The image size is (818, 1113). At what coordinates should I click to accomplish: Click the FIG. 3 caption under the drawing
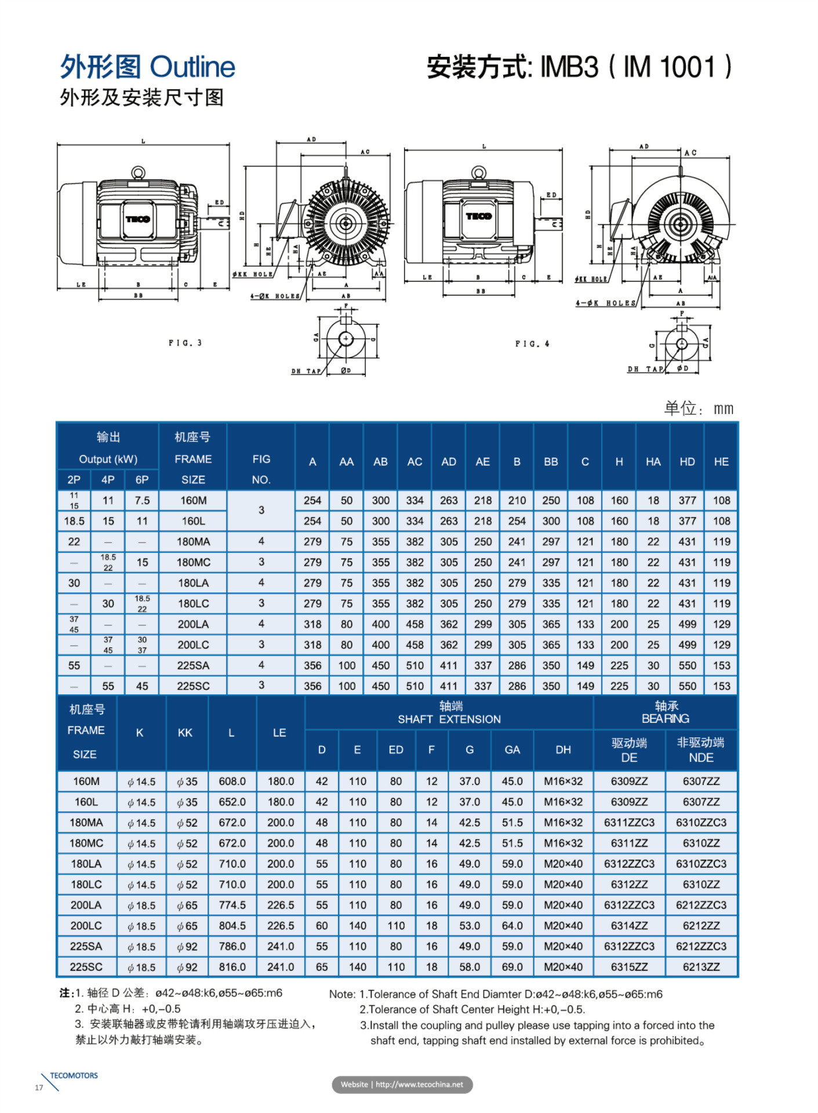(x=185, y=343)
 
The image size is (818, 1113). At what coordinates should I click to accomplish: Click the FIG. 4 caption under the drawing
(x=532, y=344)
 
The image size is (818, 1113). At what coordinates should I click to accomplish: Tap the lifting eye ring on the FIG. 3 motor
(x=137, y=172)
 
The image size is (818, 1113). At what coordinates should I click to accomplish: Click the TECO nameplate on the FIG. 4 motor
(x=479, y=216)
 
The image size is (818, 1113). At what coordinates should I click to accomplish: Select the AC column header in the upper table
(x=415, y=461)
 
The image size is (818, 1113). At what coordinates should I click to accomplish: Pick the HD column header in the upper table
(x=687, y=461)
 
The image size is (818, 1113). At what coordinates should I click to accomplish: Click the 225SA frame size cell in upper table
(x=193, y=665)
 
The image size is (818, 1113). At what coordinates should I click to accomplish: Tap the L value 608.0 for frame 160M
(x=232, y=781)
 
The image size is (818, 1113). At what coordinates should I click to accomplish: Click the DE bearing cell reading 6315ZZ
(x=629, y=966)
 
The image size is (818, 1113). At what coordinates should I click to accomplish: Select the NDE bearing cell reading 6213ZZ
(x=701, y=966)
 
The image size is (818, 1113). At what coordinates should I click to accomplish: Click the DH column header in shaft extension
(x=563, y=750)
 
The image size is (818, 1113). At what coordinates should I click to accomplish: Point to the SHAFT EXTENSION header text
(x=449, y=719)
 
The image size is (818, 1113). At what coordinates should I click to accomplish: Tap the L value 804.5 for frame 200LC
(x=232, y=925)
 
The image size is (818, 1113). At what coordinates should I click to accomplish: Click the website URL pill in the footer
(x=402, y=1084)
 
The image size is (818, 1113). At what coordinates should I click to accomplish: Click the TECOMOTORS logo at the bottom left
(x=73, y=1075)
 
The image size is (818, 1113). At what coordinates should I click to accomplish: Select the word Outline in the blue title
(x=193, y=67)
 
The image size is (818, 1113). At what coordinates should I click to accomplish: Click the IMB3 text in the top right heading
(x=569, y=67)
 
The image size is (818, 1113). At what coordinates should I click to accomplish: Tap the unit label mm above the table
(x=724, y=409)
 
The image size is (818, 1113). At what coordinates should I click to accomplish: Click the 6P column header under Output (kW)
(x=142, y=479)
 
